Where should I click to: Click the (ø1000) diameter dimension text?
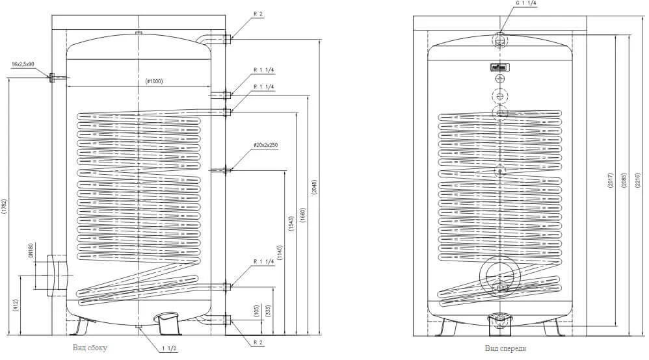(153, 81)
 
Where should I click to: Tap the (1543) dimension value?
(291, 221)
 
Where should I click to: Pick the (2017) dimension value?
(609, 181)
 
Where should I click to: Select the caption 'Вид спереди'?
(505, 348)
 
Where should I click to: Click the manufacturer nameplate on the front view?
(499, 66)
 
